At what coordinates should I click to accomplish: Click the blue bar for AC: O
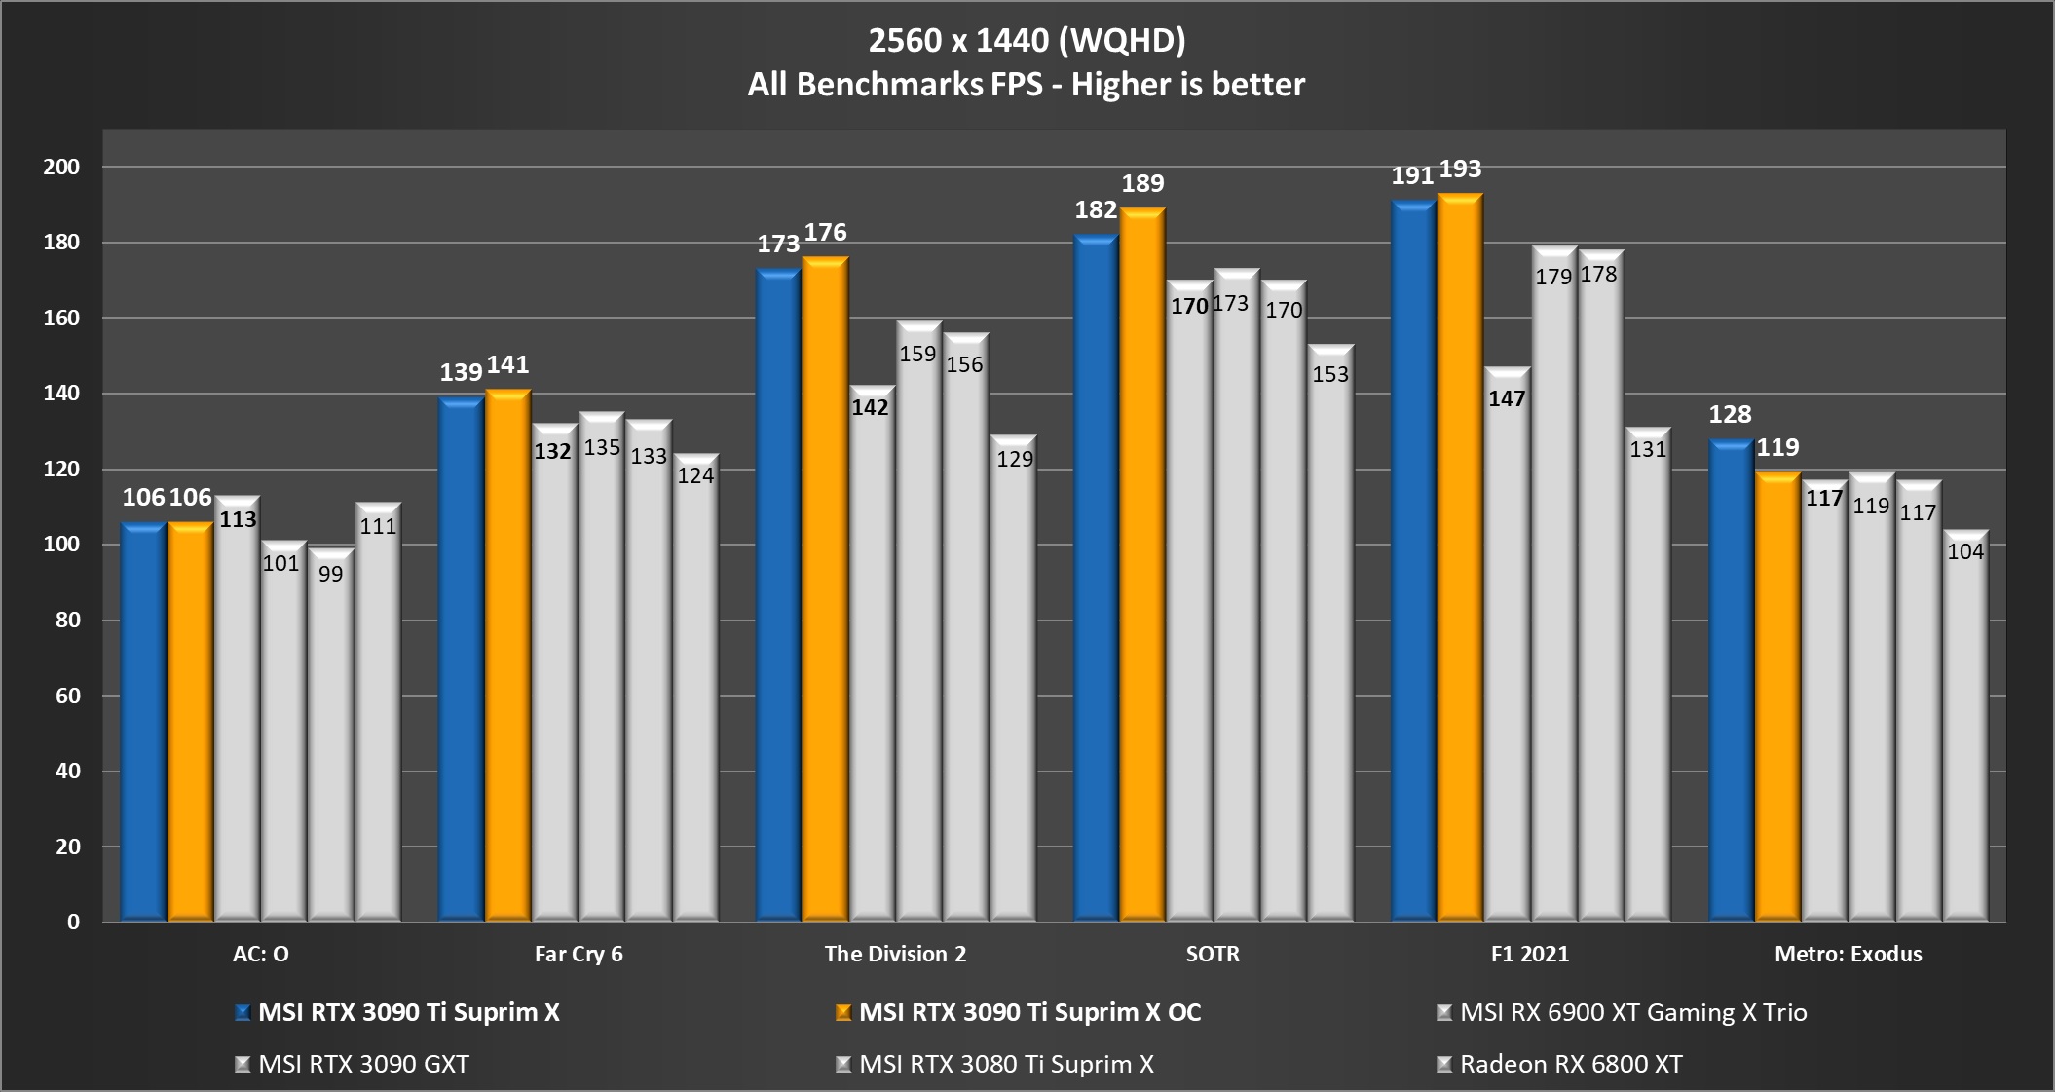tap(143, 721)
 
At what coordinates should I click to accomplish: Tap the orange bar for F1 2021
tap(1460, 556)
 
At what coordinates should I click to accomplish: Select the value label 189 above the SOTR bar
tap(1142, 183)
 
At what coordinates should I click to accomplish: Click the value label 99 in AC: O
tap(331, 574)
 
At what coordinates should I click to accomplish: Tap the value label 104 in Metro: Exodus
tap(1965, 551)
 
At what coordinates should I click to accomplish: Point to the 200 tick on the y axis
tap(61, 167)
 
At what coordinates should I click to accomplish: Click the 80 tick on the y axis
tap(67, 620)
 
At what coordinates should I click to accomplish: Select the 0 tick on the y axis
tap(73, 922)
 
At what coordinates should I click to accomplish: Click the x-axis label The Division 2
tap(895, 954)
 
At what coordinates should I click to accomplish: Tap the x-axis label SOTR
tap(1213, 954)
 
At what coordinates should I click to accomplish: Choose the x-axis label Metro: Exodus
tap(1848, 954)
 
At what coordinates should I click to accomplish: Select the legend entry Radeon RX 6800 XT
tap(1570, 1064)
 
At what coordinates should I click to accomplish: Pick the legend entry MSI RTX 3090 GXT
tap(363, 1064)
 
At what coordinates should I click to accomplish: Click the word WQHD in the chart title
tap(1121, 40)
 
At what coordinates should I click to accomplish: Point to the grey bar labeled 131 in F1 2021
tap(1648, 682)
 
